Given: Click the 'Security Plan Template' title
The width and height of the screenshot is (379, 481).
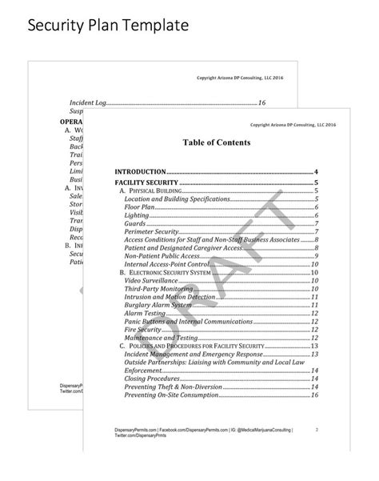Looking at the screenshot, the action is [x=108, y=26].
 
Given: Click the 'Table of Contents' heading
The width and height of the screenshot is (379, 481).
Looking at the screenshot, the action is [x=216, y=142].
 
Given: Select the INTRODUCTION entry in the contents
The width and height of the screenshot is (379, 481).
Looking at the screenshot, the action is [x=141, y=172].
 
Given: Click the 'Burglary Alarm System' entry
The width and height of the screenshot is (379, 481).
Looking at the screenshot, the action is [x=158, y=305].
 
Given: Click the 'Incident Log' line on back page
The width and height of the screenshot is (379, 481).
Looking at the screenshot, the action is [x=83, y=103].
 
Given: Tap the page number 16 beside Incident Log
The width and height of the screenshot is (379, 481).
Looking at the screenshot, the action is [x=261, y=103].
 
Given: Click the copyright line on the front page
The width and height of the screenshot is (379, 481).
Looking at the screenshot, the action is [x=292, y=125].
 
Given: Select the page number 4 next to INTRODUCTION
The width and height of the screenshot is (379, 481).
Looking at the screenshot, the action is [x=317, y=172].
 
